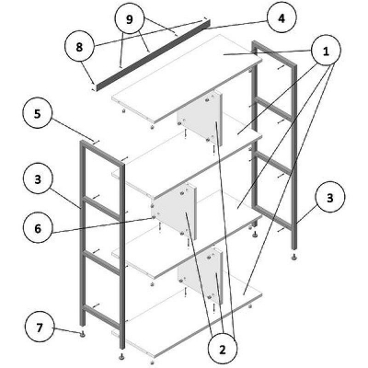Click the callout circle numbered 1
[x=326, y=51]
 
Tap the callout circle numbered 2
[x=222, y=349]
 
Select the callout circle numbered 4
[x=282, y=18]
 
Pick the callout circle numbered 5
[x=37, y=114]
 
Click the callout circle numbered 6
[x=38, y=228]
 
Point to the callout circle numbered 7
[x=39, y=328]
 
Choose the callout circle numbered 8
[x=79, y=47]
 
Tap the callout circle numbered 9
[x=130, y=19]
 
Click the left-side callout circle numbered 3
[x=38, y=179]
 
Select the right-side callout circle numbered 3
[x=329, y=198]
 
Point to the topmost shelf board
[x=187, y=79]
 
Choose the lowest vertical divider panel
[x=200, y=275]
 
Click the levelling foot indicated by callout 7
[x=82, y=334]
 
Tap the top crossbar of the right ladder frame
[x=274, y=53]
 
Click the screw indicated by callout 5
[x=96, y=142]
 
